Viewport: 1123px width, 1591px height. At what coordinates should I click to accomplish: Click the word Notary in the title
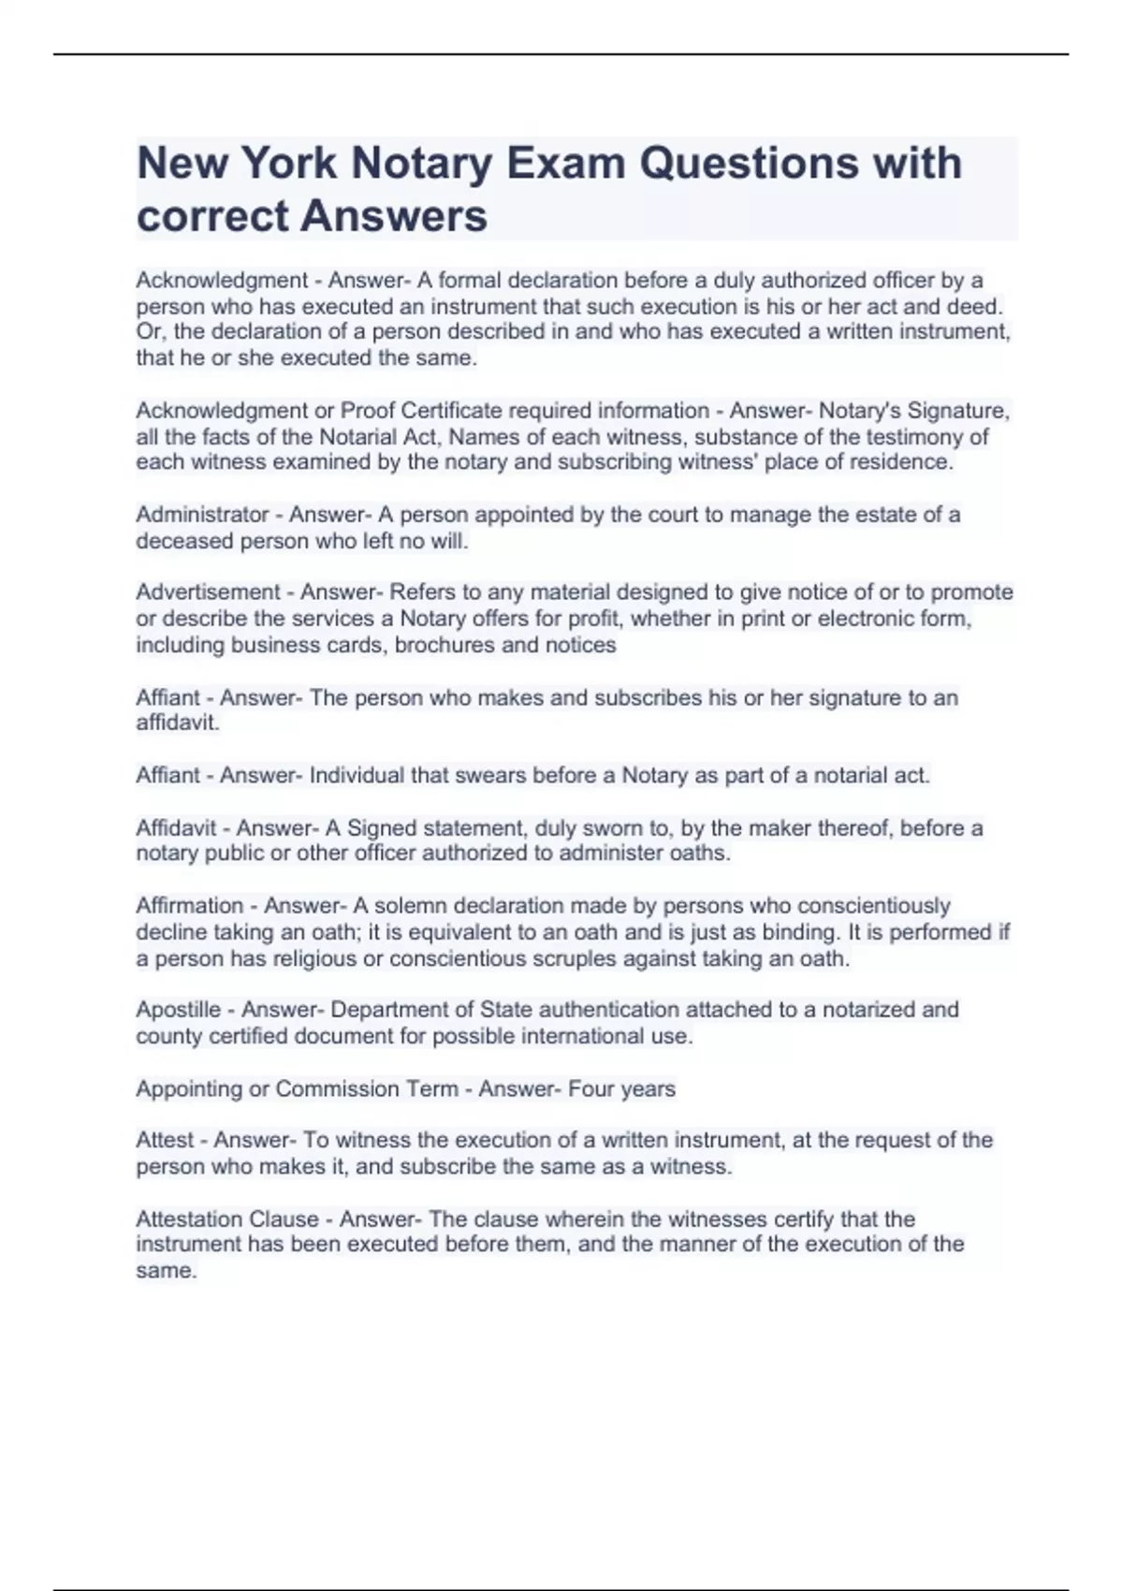click(x=421, y=164)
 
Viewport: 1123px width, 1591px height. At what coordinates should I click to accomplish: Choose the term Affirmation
click(x=190, y=906)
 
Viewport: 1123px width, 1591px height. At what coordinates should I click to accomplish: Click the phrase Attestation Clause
click(x=227, y=1219)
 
